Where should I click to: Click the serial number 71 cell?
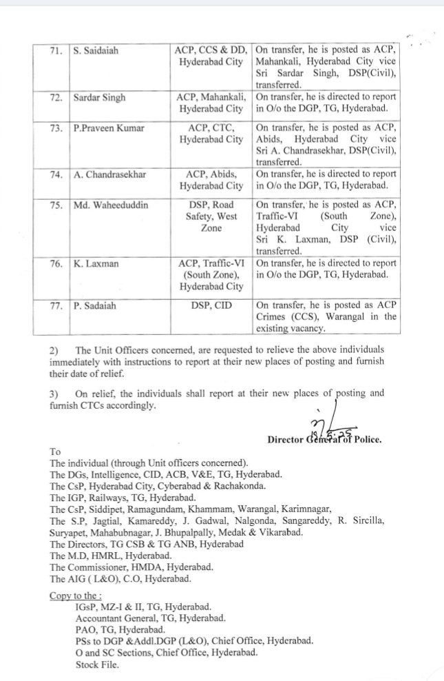pos(58,51)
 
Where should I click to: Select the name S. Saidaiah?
pos(100,51)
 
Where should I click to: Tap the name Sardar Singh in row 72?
pos(100,98)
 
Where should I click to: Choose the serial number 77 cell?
pos(58,307)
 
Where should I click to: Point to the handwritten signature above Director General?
pos(322,427)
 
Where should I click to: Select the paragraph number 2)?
pos(54,350)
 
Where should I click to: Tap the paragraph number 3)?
pos(54,394)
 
